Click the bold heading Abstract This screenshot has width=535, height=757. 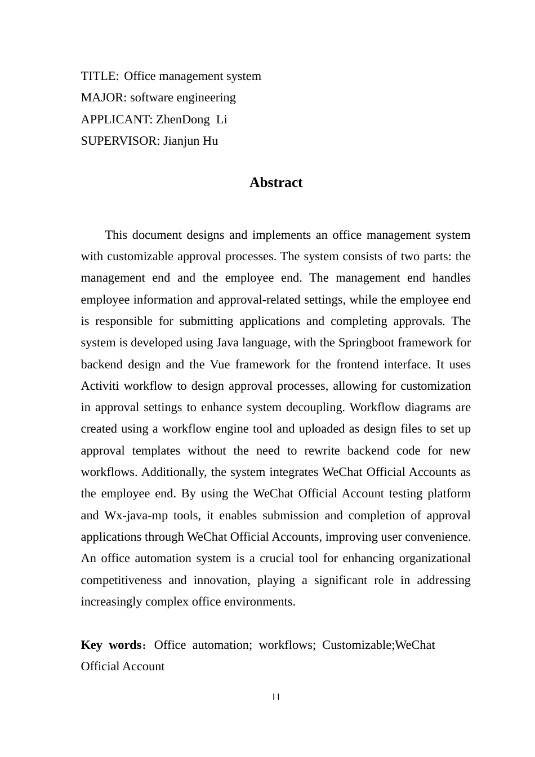pos(276,182)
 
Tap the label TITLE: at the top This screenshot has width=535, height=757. pos(100,76)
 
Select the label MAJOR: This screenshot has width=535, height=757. pos(104,97)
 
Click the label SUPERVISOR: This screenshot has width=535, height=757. pos(120,141)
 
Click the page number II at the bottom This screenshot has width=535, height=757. pos(276,697)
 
